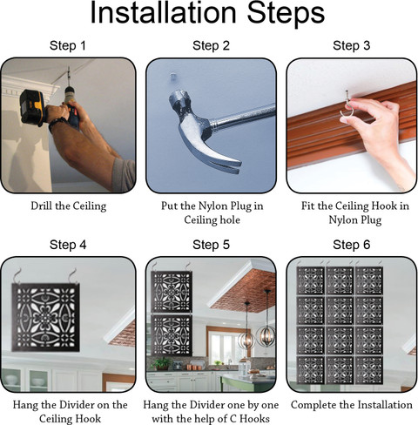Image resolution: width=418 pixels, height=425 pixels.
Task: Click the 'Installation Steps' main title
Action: [x=207, y=13]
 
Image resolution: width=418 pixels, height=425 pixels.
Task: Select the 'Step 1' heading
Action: [x=68, y=45]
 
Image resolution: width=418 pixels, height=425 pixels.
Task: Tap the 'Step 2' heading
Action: [x=211, y=45]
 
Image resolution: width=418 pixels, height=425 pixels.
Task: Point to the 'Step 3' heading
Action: [x=352, y=45]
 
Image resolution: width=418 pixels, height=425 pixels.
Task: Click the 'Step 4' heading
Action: [x=68, y=245]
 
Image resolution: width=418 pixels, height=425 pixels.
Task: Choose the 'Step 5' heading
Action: [x=211, y=245]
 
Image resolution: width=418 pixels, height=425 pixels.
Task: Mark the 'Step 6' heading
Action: [x=352, y=245]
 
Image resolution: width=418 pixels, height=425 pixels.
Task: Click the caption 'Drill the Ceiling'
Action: [x=69, y=206]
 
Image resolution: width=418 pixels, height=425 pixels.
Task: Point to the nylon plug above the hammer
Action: [x=173, y=78]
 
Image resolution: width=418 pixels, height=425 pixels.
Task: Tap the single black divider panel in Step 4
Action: [x=45, y=317]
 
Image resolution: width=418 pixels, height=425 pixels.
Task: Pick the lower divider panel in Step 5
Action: [x=172, y=335]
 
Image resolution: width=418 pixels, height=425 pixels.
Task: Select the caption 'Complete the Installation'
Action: [x=352, y=405]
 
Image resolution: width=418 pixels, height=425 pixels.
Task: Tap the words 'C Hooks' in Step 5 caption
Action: [x=250, y=419]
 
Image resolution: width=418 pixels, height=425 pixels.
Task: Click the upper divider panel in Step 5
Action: [x=172, y=292]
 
